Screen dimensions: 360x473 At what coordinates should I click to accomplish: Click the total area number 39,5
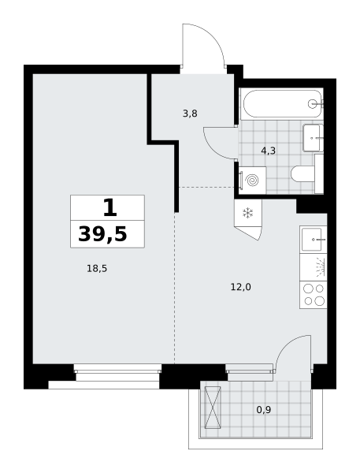pyautogui.click(x=103, y=234)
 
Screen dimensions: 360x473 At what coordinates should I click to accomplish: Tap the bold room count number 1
pyautogui.click(x=109, y=208)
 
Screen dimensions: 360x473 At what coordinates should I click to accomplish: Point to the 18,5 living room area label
pyautogui.click(x=97, y=268)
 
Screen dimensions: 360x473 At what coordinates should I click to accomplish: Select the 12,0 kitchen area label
pyautogui.click(x=240, y=287)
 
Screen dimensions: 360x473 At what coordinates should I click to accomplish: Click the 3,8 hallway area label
pyautogui.click(x=190, y=114)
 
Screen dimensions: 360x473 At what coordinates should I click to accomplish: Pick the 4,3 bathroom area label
pyautogui.click(x=269, y=151)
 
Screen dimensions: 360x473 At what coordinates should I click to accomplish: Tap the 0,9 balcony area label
pyautogui.click(x=264, y=410)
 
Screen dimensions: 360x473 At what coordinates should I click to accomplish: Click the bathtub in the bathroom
pyautogui.click(x=282, y=104)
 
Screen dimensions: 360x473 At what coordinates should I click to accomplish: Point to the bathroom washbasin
pyautogui.click(x=314, y=138)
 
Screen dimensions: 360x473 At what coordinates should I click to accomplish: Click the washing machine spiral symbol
pyautogui.click(x=252, y=181)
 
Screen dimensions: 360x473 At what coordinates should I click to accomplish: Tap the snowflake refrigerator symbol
pyautogui.click(x=248, y=213)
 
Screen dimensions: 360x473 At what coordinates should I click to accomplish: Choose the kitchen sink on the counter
pyautogui.click(x=314, y=240)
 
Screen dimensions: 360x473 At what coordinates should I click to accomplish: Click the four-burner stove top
pyautogui.click(x=314, y=295)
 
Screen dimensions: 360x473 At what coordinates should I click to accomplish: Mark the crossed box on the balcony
pyautogui.click(x=213, y=408)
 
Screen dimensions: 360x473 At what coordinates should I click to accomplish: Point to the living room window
pyautogui.click(x=117, y=373)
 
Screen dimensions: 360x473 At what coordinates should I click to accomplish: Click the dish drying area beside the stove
pyautogui.click(x=314, y=267)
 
